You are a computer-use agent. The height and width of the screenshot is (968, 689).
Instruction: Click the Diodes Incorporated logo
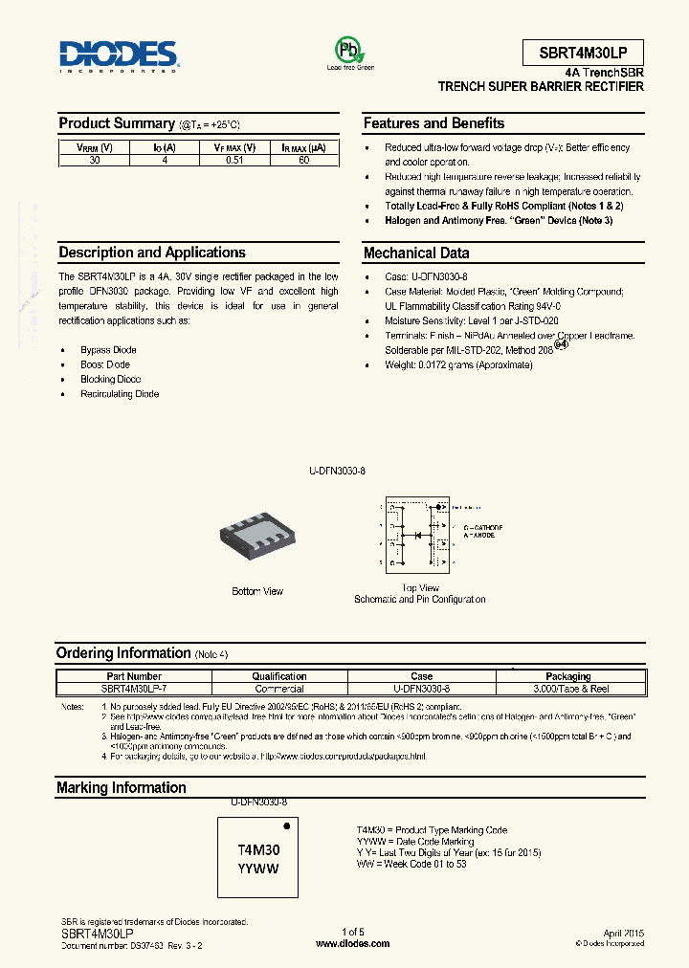click(x=119, y=56)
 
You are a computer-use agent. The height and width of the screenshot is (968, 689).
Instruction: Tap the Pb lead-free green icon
click(x=349, y=50)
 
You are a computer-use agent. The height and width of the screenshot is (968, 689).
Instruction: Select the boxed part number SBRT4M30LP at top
click(x=583, y=53)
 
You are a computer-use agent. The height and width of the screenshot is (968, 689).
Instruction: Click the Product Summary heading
click(x=117, y=123)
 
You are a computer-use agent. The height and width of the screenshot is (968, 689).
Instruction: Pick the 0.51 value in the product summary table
click(x=234, y=160)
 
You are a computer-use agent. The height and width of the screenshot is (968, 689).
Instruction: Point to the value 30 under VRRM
click(x=94, y=160)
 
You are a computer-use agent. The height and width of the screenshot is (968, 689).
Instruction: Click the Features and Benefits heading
click(x=433, y=123)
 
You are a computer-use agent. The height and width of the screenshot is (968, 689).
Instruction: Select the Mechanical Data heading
click(x=416, y=253)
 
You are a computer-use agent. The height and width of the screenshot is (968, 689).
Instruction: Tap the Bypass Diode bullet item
click(x=108, y=350)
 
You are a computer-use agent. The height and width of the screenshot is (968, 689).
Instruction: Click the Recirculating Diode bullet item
click(x=120, y=394)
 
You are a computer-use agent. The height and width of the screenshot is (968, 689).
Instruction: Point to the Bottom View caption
click(x=257, y=591)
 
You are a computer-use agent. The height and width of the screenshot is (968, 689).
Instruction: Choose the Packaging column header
click(x=568, y=676)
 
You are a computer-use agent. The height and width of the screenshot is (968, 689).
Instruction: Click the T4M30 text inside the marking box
click(x=258, y=849)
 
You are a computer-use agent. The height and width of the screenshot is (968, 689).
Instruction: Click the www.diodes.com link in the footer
click(x=352, y=943)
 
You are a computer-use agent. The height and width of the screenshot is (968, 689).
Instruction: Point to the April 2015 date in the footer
click(x=624, y=933)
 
